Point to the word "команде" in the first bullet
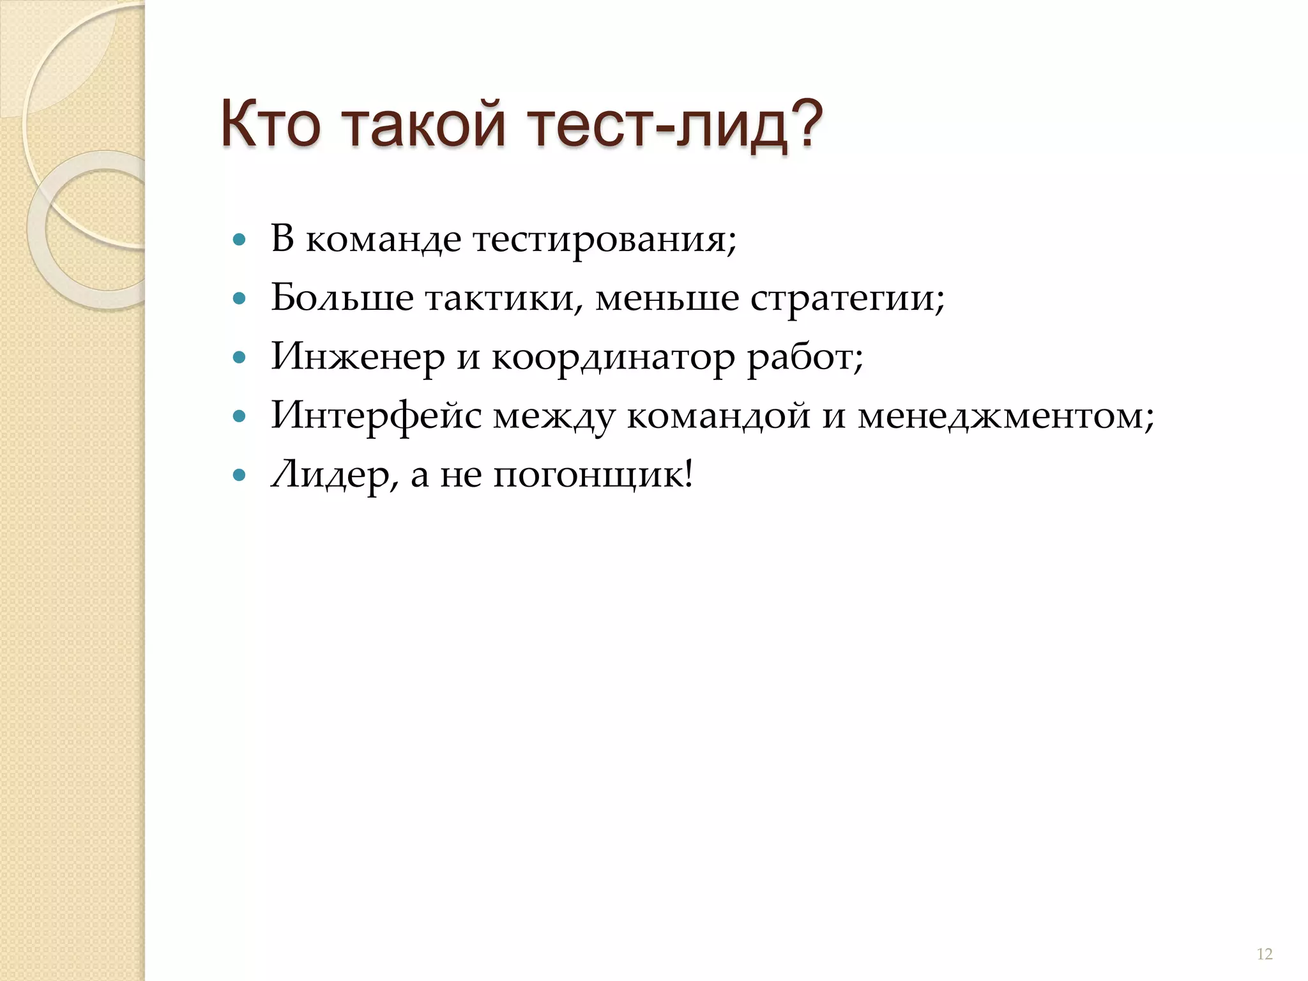pos(383,240)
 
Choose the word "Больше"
pos(342,298)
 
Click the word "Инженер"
pos(358,357)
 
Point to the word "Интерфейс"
pos(376,416)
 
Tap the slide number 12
pos(1264,954)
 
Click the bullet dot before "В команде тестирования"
pos(240,241)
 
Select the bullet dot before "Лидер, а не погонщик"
pos(240,476)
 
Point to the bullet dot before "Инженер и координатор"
pos(240,358)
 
